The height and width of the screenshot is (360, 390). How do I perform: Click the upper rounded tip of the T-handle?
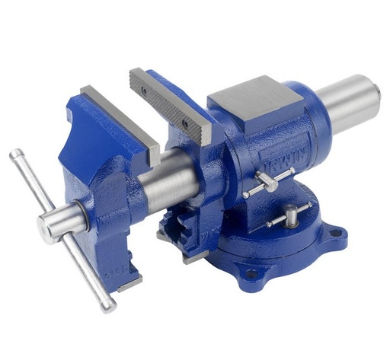14,155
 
